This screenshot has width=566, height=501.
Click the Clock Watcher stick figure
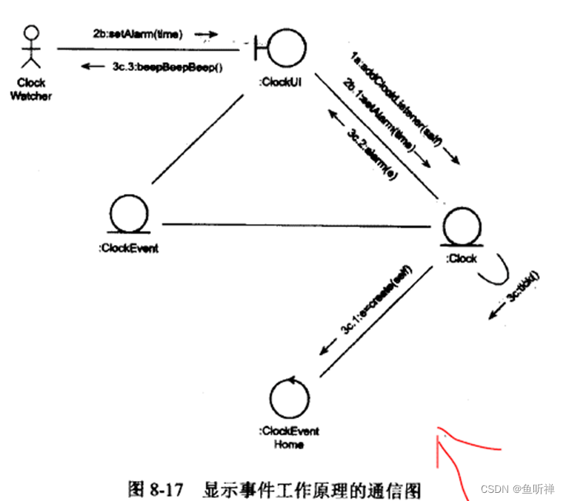click(30, 49)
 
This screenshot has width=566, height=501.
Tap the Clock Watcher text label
click(30, 90)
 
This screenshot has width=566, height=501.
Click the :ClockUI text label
click(280, 83)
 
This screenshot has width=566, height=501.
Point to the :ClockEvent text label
click(128, 248)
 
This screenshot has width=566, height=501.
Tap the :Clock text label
click(461, 258)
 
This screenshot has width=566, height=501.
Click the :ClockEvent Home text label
click(288, 437)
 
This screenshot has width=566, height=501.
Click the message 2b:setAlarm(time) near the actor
click(138, 33)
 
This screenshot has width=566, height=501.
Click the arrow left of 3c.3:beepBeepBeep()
click(93, 67)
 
